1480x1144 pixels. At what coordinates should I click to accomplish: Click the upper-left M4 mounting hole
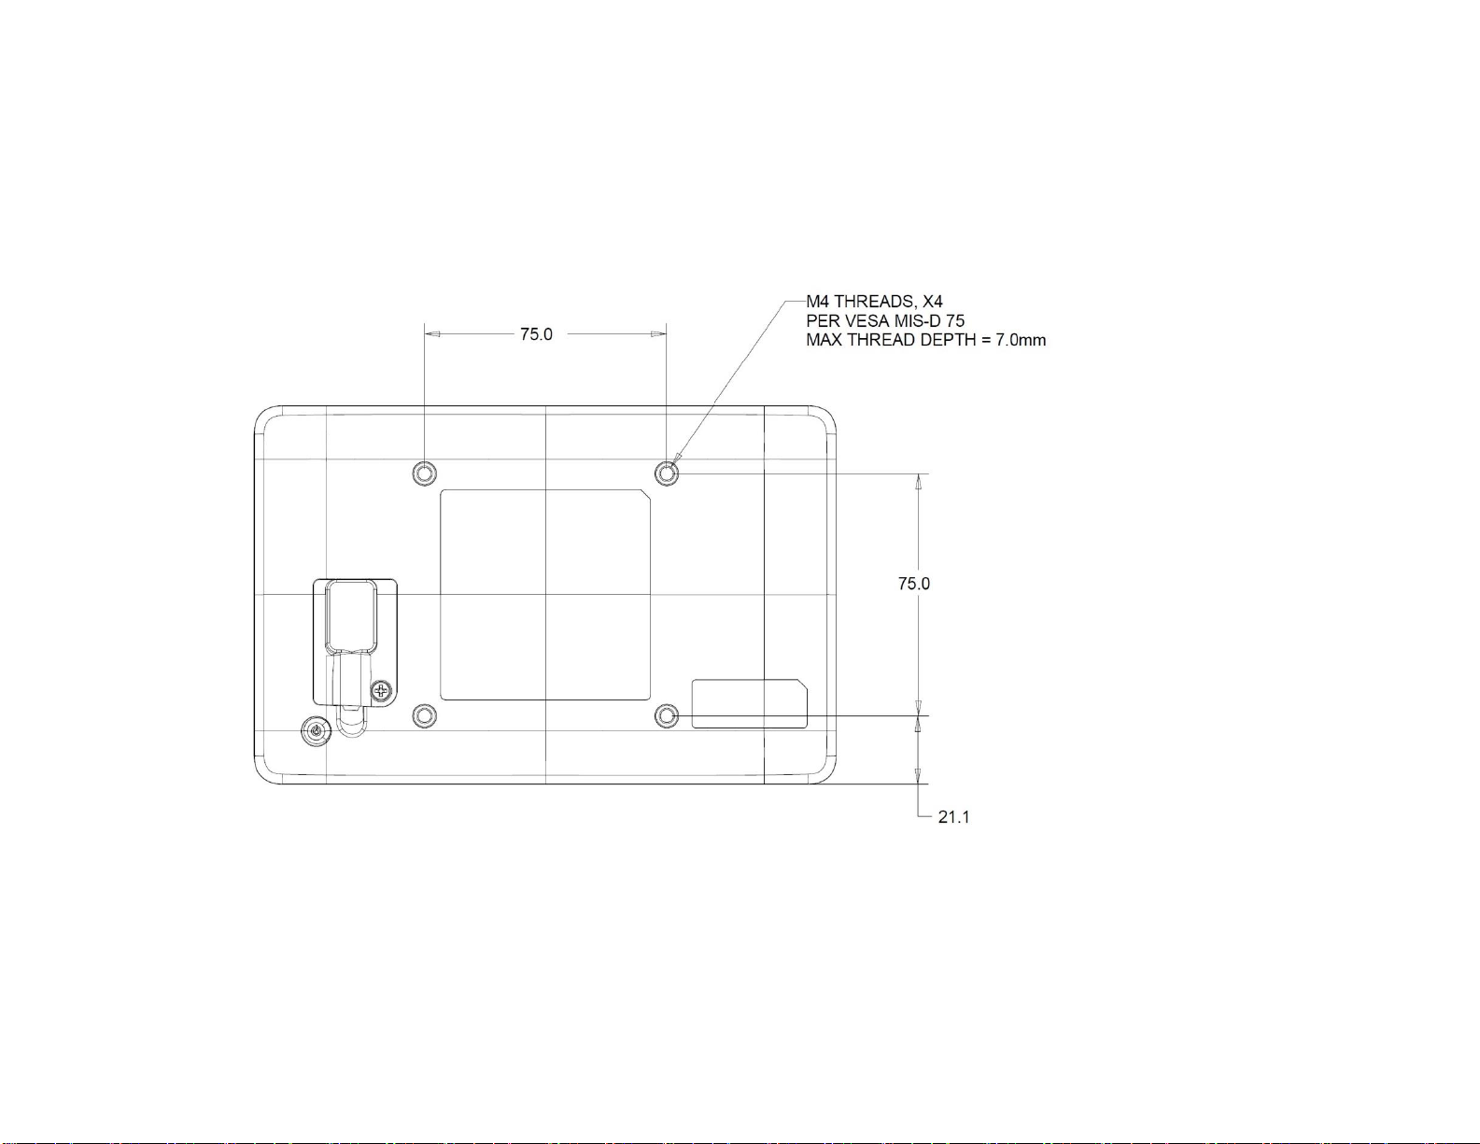(x=424, y=473)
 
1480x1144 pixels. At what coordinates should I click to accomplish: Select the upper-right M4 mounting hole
(x=667, y=473)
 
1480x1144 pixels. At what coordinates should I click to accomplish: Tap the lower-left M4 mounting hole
(x=424, y=715)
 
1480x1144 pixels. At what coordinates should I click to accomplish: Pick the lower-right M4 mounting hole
(x=667, y=715)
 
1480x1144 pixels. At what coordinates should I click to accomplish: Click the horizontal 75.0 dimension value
(x=536, y=334)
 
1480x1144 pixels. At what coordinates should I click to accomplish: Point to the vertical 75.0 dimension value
(x=913, y=584)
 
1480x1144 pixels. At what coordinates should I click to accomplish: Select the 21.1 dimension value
(x=953, y=817)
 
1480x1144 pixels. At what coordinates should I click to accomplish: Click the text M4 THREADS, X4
(x=875, y=301)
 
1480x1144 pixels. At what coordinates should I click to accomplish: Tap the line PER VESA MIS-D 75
(x=885, y=320)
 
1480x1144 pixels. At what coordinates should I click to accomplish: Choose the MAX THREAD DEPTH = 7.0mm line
(x=926, y=340)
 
